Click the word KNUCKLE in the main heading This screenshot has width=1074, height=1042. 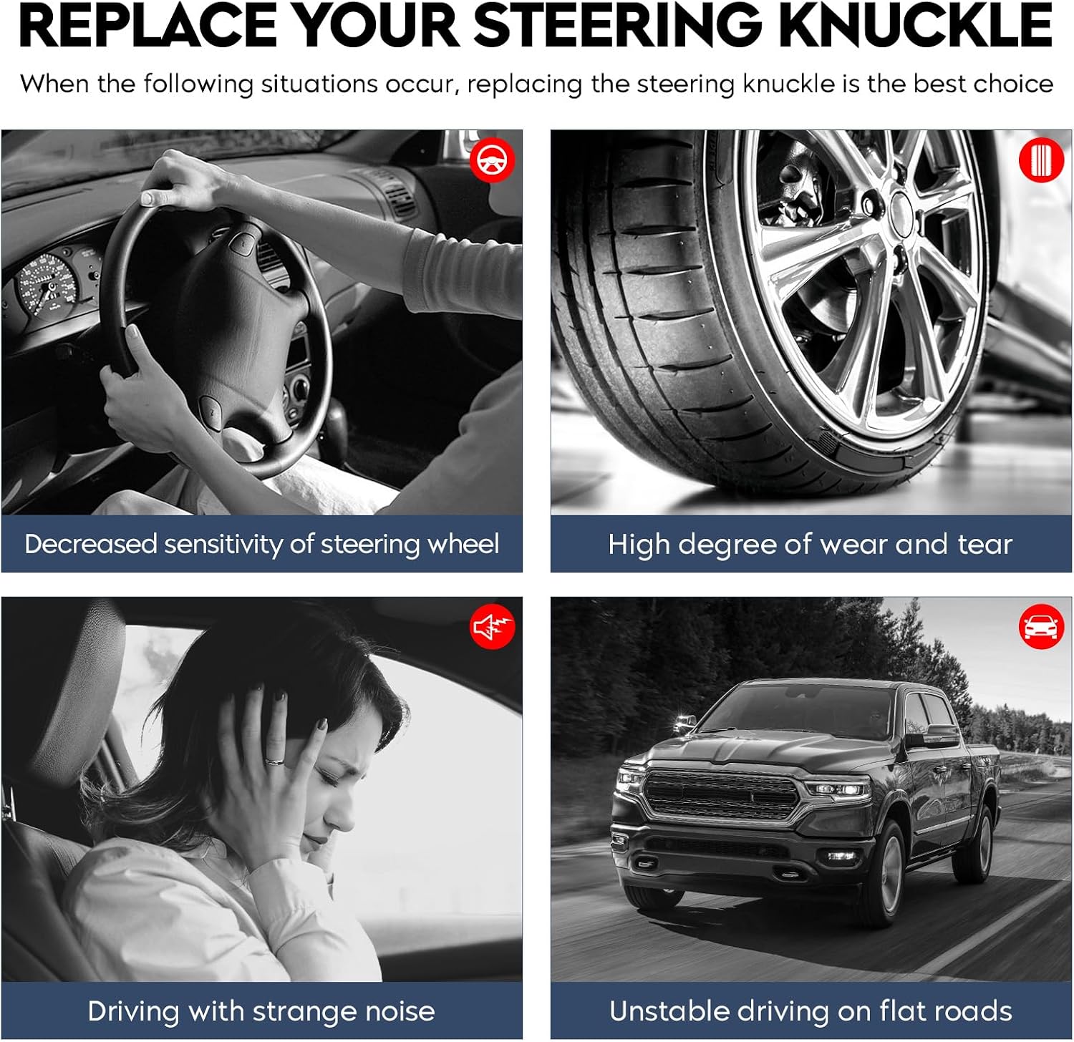point(916,25)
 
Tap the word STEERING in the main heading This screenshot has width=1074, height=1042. point(618,25)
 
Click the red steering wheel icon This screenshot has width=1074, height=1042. point(492,160)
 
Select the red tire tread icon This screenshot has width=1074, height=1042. point(1041,160)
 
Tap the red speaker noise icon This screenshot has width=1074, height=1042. point(492,627)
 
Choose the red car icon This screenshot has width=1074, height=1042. point(1041,627)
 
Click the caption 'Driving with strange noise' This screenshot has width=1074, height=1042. point(261,1011)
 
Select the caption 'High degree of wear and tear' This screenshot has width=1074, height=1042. point(810,545)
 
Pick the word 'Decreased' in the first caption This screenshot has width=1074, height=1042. point(91,544)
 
